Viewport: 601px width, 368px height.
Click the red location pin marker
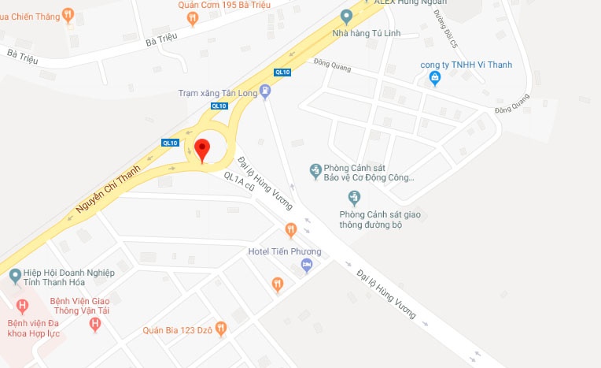[x=202, y=150]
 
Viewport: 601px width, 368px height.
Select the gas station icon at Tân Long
[x=265, y=92]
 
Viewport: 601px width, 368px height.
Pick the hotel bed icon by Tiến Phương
[x=308, y=265]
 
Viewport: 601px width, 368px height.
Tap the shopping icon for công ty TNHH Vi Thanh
[x=433, y=78]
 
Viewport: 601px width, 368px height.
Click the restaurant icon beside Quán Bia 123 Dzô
[x=221, y=328]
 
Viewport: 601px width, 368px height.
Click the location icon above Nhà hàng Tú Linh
[x=346, y=16]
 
